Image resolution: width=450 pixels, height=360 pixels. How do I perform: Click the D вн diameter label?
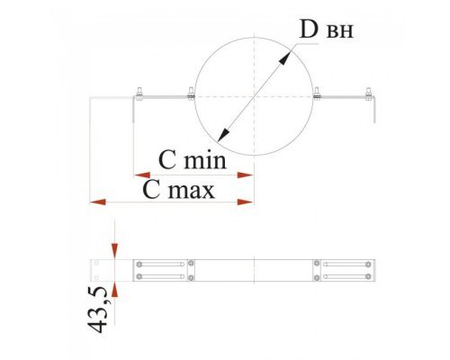(327, 30)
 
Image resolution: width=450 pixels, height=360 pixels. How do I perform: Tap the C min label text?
(193, 160)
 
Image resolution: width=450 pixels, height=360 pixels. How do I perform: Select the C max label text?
(178, 190)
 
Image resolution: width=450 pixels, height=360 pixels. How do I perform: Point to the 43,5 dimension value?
(97, 310)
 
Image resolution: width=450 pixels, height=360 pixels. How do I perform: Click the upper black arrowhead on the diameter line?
(284, 58)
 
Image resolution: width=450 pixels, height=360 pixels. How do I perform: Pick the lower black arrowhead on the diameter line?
(223, 135)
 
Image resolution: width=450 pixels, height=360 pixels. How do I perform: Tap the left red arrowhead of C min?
(142, 175)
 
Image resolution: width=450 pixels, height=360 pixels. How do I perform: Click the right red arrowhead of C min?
(246, 175)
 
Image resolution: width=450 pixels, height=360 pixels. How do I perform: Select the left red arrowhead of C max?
(98, 202)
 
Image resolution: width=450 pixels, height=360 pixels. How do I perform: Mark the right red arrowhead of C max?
(246, 202)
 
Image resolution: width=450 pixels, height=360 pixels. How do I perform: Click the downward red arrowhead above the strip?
(115, 251)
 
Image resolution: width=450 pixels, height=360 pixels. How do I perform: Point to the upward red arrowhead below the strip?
(115, 290)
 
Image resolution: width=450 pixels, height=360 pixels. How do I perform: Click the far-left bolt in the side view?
(139, 94)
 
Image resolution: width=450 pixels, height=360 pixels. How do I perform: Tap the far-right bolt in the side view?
(368, 94)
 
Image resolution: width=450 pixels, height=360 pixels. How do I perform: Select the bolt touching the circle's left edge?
(191, 94)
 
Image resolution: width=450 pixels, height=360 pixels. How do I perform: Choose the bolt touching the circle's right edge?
(317, 94)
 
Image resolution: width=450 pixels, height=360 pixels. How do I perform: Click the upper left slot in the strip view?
(161, 265)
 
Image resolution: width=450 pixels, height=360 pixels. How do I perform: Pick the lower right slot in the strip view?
(346, 276)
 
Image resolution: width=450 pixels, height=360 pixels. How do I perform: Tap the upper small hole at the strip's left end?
(96, 263)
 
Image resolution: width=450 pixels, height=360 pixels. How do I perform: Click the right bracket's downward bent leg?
(374, 110)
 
